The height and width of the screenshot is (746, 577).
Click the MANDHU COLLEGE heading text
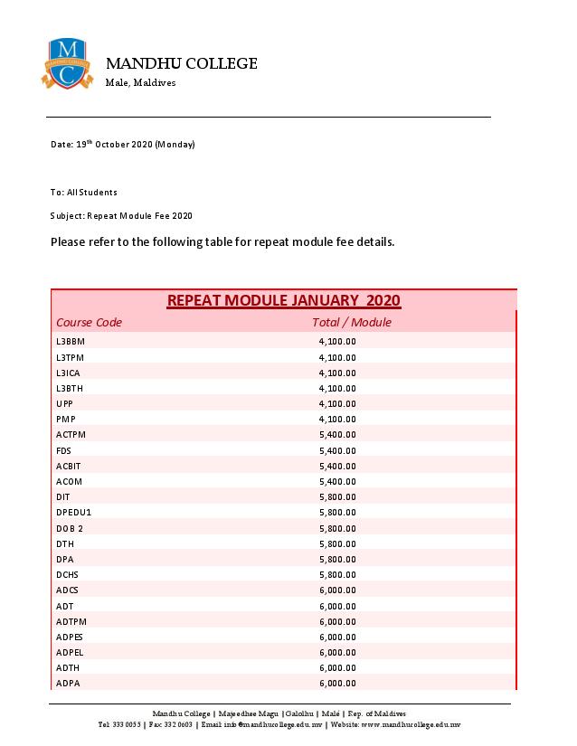(x=182, y=63)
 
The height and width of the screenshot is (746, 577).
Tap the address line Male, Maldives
(x=141, y=83)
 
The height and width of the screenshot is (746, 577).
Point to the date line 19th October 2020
(x=123, y=145)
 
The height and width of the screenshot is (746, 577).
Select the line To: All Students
(x=84, y=193)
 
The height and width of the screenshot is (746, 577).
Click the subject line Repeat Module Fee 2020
(x=121, y=216)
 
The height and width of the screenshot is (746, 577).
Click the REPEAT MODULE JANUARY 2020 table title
(x=283, y=300)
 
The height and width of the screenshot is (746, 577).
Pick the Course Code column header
(x=89, y=323)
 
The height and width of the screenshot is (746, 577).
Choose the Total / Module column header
(x=351, y=323)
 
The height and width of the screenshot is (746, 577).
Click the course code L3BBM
(x=70, y=342)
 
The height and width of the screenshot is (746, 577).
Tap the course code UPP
(x=64, y=403)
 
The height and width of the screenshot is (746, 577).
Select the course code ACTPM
(x=71, y=435)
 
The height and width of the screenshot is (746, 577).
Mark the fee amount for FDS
(x=337, y=450)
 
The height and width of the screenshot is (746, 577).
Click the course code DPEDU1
(x=73, y=513)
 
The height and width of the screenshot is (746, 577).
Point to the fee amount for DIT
(x=337, y=497)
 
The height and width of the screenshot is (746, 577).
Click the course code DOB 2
(x=69, y=528)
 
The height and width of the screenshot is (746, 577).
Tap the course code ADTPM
(x=71, y=621)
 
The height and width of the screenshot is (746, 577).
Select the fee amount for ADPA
(x=337, y=684)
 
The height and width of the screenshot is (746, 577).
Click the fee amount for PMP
(x=337, y=420)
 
